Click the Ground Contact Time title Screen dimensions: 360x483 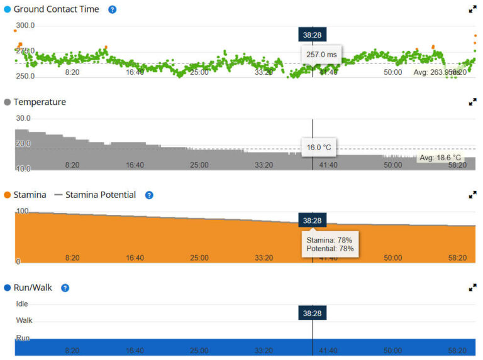pyautogui.click(x=56, y=9)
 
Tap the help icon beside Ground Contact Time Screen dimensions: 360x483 pyautogui.click(x=113, y=9)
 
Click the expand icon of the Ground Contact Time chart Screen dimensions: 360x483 pyautogui.click(x=472, y=9)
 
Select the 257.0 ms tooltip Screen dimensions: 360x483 pyautogui.click(x=321, y=55)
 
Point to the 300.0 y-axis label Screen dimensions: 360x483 pyautogui.click(x=25, y=26)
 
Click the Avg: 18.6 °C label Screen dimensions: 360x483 pyautogui.click(x=440, y=158)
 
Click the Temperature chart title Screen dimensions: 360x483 pyautogui.click(x=39, y=102)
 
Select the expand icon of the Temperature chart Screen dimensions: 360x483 pyautogui.click(x=472, y=102)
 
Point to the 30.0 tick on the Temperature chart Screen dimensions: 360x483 pyautogui.click(x=23, y=118)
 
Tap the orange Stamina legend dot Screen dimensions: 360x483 pyautogui.click(x=8, y=195)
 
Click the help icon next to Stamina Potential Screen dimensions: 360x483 pyautogui.click(x=149, y=195)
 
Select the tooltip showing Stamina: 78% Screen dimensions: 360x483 pyautogui.click(x=330, y=244)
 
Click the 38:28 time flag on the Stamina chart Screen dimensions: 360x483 pyautogui.click(x=312, y=221)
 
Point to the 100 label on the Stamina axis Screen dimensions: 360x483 pyautogui.click(x=23, y=211)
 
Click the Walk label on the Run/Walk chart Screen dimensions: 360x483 pyautogui.click(x=24, y=320)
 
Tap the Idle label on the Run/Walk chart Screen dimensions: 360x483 pyautogui.click(x=22, y=304)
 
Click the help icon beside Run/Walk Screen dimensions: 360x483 pyautogui.click(x=65, y=288)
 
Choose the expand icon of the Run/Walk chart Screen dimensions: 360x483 pyautogui.click(x=472, y=288)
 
